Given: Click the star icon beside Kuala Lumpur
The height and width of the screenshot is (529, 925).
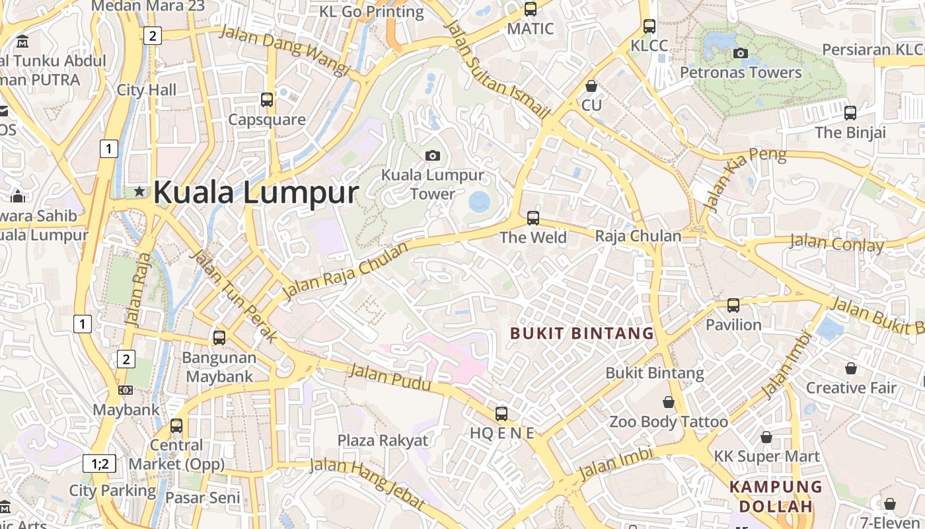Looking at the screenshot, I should [x=139, y=192].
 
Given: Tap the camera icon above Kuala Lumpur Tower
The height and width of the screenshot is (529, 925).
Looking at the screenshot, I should [x=433, y=155].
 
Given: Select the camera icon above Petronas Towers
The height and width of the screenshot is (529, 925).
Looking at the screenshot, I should [x=741, y=53].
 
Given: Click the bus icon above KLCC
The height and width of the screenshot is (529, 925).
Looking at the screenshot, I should [x=649, y=26].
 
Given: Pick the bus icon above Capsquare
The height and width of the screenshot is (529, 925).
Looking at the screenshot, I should [x=267, y=100].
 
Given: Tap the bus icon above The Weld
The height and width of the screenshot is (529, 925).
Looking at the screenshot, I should [x=533, y=218].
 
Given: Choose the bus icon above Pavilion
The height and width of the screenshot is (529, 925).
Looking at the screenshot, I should [x=733, y=305].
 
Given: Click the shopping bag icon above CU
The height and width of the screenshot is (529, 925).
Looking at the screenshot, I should [x=591, y=86].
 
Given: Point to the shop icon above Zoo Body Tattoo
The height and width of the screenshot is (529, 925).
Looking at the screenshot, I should [x=669, y=401].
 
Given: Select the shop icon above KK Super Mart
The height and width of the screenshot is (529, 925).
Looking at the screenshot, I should [x=766, y=436].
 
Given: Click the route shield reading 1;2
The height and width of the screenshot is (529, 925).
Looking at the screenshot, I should [x=100, y=464].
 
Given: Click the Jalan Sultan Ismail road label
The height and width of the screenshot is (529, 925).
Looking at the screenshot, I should [x=498, y=69].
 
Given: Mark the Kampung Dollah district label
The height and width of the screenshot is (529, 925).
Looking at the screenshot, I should [x=776, y=497].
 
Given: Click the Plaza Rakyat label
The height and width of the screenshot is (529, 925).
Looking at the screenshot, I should [x=383, y=440].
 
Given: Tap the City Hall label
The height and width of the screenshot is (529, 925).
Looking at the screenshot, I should [x=147, y=90].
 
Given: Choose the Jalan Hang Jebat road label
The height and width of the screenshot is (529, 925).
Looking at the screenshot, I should [x=367, y=483].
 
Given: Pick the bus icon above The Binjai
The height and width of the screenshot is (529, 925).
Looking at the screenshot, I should [x=850, y=112].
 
